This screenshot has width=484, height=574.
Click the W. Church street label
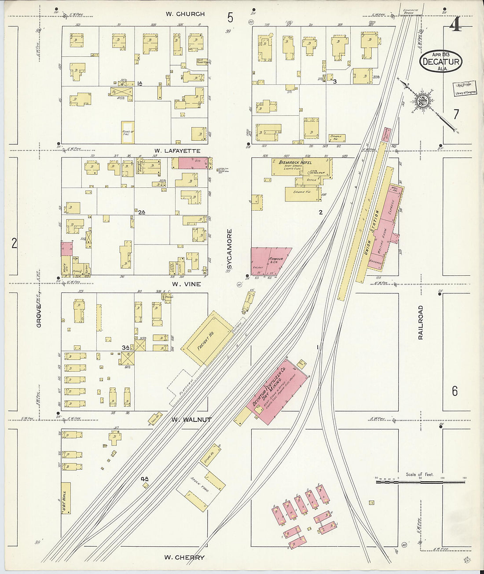185,14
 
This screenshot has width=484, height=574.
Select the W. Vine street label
186,284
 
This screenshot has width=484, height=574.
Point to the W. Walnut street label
191,420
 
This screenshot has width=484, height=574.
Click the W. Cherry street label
184,557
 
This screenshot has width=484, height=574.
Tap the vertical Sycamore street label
229,249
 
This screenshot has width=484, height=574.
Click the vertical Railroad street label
420,322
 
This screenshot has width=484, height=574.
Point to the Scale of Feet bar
420,482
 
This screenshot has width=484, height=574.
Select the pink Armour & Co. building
269,262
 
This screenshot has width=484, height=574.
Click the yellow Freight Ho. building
206,339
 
